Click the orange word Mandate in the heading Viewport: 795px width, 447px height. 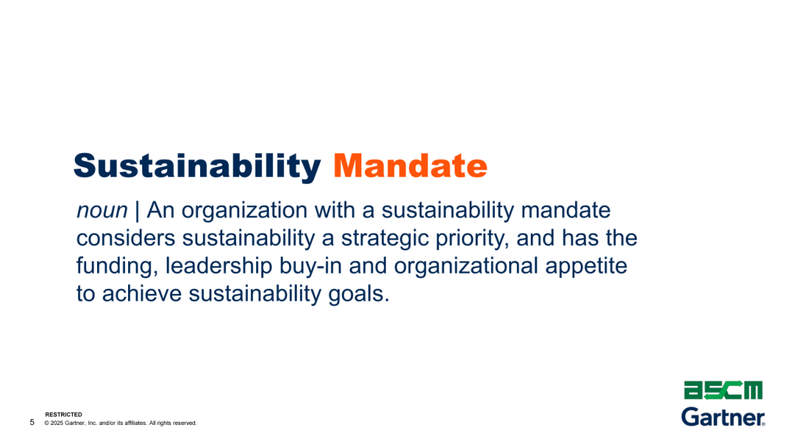click(410, 166)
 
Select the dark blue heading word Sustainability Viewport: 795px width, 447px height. click(197, 167)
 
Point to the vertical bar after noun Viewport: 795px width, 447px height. click(137, 211)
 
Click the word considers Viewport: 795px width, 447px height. click(126, 239)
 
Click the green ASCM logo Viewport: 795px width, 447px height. click(723, 390)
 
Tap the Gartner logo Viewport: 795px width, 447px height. click(723, 417)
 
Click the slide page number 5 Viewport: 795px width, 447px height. click(32, 422)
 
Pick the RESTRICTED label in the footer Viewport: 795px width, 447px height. click(63, 415)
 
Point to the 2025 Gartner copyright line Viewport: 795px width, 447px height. click(121, 423)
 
